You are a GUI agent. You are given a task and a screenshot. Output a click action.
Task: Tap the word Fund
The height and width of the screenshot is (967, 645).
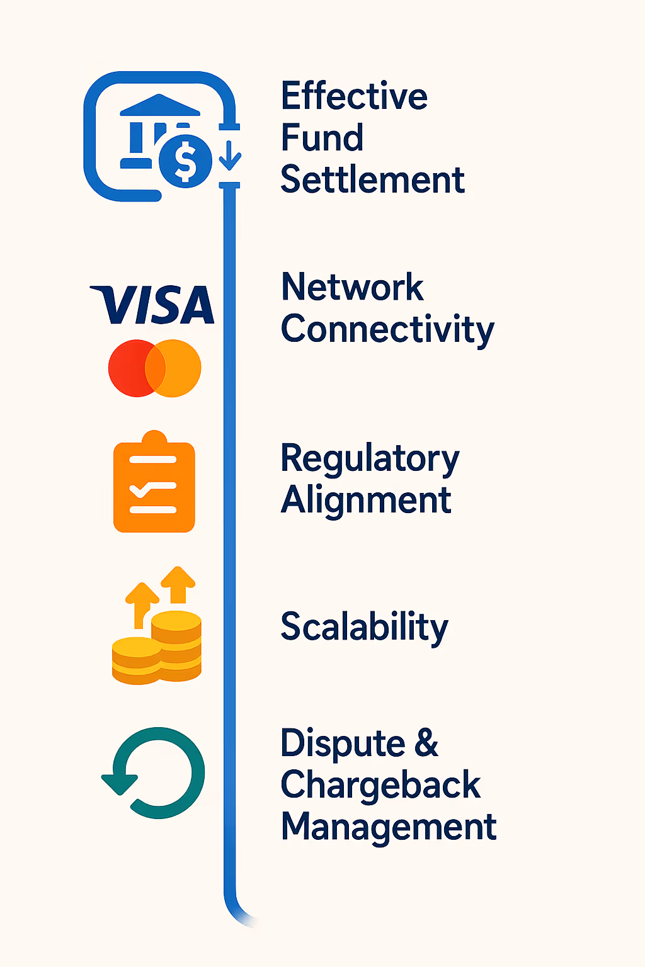(322, 138)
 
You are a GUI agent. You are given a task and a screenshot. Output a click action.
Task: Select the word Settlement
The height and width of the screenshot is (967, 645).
(372, 180)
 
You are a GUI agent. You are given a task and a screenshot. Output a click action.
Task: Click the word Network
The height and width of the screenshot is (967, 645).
(352, 288)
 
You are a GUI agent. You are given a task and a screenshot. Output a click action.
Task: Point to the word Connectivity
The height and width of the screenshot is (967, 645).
(387, 330)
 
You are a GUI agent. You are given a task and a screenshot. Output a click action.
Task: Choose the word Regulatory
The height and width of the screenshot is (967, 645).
(370, 459)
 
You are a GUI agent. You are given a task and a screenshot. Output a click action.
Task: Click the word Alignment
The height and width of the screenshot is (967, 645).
(366, 500)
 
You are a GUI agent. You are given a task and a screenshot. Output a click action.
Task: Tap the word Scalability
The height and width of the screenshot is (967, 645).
(364, 627)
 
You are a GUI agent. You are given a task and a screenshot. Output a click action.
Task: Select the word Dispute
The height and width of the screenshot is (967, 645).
(343, 744)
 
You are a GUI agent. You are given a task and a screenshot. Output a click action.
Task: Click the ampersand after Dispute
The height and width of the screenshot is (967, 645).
(426, 743)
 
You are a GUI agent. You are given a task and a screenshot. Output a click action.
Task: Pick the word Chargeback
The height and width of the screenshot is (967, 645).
(380, 785)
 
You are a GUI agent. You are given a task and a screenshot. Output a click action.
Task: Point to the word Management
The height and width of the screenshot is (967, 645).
(389, 827)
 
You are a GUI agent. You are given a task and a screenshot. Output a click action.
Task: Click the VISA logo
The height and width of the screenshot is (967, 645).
(153, 305)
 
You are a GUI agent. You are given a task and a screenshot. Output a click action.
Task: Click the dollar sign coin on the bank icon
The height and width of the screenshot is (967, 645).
(185, 161)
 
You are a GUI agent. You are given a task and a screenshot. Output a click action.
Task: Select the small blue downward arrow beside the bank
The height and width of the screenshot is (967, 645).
(230, 154)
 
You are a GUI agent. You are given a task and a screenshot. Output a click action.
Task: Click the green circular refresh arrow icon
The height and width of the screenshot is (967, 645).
(155, 772)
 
